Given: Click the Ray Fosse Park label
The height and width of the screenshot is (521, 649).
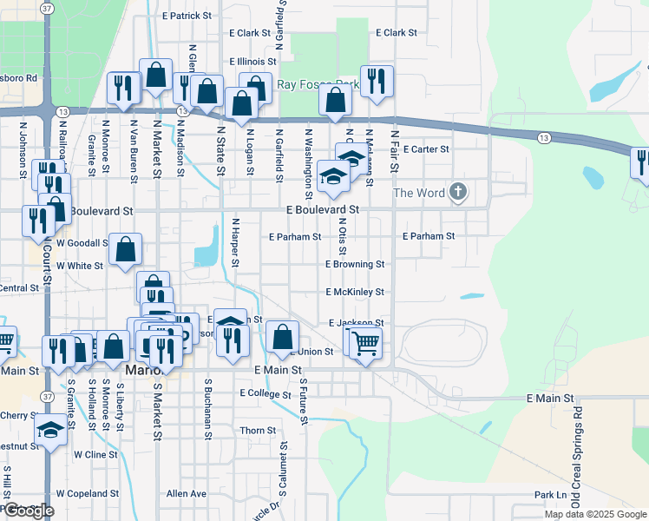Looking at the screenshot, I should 318,84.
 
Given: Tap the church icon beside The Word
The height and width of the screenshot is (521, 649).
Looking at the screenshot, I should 458,193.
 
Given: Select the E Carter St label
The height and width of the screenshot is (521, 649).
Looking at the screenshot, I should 425,149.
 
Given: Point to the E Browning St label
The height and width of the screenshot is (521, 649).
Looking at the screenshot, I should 355,264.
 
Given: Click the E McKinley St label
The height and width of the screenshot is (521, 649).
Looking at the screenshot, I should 355,293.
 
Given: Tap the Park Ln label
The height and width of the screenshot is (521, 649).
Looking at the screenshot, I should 550,495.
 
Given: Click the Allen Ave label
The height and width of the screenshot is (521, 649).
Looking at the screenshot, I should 187,493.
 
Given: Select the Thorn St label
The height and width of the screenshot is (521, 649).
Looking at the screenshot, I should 258,431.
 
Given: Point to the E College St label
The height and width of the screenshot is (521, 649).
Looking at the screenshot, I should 265,393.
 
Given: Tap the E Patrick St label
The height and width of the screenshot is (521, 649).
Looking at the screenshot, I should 187,16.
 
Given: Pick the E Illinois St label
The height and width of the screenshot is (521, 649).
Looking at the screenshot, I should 252,62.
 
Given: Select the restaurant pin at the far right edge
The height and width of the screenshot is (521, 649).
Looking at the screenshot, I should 641,162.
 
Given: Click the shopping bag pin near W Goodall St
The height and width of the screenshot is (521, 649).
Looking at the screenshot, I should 126,248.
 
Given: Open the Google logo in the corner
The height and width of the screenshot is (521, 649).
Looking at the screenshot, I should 28,511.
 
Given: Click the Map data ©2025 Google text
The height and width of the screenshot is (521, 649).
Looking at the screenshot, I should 594,514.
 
